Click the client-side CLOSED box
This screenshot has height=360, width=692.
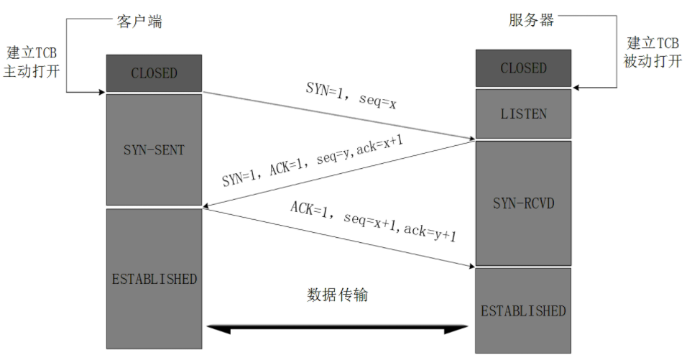tap(154, 73)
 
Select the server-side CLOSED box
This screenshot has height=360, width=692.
tap(523, 68)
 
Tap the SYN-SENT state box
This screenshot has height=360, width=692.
tap(154, 149)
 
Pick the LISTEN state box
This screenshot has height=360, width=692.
tap(523, 114)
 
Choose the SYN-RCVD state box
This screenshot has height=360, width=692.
tap(523, 203)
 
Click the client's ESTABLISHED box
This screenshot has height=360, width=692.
tap(154, 279)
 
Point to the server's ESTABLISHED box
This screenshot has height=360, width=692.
tap(523, 311)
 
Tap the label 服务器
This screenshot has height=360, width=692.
tap(531, 19)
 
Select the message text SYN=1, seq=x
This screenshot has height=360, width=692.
tap(351, 96)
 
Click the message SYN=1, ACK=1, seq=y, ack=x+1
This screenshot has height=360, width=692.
tap(312, 162)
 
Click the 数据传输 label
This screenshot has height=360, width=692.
tap(338, 295)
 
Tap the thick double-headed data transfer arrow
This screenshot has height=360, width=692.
tap(338, 329)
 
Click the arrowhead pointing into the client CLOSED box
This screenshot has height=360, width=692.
tap(101, 91)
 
